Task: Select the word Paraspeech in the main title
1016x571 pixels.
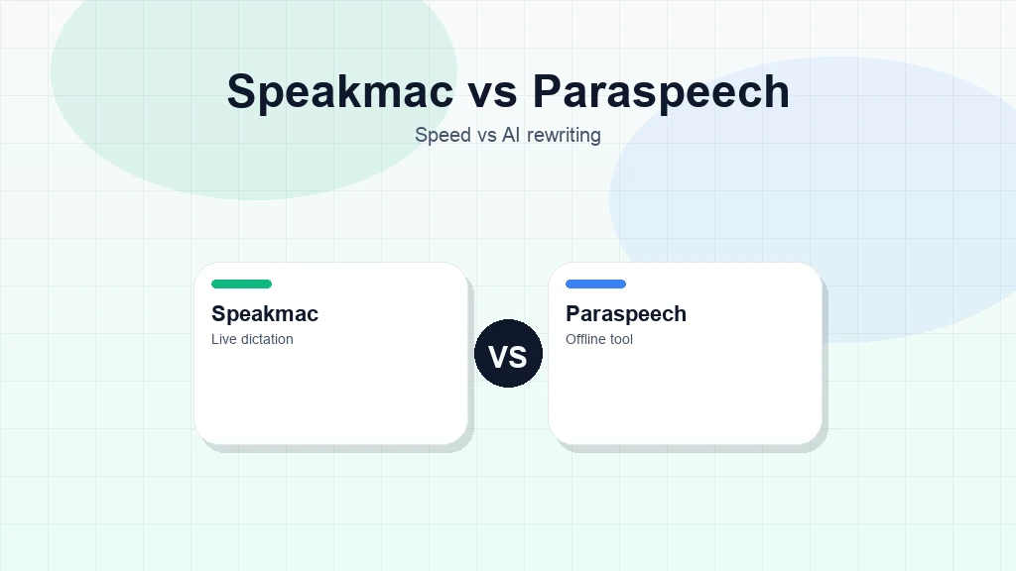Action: coord(661,92)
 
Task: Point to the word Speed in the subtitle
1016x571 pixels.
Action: coord(443,135)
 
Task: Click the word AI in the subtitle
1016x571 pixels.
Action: coord(511,135)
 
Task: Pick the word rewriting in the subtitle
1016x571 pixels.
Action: coord(564,135)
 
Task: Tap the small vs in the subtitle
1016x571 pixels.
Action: coord(486,135)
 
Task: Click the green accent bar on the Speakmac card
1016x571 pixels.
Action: coord(241,285)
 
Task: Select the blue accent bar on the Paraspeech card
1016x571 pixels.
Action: coord(595,285)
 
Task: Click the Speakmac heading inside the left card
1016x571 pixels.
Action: coord(265,314)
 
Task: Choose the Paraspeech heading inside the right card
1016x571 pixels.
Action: coord(626,314)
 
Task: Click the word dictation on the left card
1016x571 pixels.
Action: coord(267,339)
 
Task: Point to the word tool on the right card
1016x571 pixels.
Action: coord(622,339)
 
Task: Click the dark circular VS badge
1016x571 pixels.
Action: coord(508,354)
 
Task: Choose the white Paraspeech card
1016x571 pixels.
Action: coord(685,397)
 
